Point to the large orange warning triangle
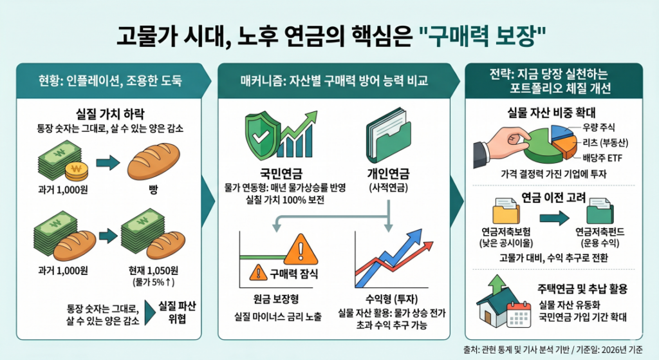click(297, 247)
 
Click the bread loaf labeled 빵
click(152, 164)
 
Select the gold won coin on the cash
click(78, 172)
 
